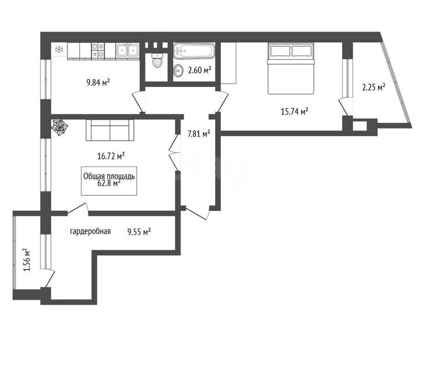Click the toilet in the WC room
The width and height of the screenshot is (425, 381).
pos(157,60)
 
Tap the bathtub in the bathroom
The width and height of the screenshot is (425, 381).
pos(194,51)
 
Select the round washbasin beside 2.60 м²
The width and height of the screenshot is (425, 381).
pos(178,70)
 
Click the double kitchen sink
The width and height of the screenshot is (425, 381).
pos(128,51)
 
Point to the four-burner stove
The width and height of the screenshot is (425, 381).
pos(98,51)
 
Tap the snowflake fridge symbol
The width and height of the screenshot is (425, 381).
pos(59,49)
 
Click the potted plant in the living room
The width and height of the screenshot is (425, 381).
pos(59,127)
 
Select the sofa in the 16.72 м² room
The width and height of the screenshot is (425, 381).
pos(110,130)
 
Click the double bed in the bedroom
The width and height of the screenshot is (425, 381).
pos(291,68)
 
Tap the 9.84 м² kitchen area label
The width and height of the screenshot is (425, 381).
pos(98,82)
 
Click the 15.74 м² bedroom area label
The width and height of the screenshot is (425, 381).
pos(294,111)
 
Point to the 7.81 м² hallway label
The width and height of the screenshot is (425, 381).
pos(199,133)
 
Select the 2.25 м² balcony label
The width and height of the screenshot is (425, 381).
pos(374,87)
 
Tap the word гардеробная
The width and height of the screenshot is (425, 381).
pos(90,231)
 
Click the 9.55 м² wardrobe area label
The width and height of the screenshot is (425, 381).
pos(139,232)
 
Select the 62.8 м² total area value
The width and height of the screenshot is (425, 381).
pos(109,183)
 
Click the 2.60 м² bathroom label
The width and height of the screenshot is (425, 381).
pos(200,70)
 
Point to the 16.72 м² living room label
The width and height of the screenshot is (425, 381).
pos(111,156)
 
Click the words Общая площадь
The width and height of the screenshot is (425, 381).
pos(109,176)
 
